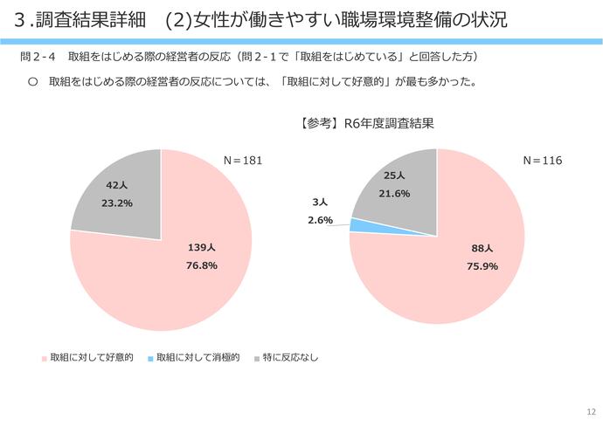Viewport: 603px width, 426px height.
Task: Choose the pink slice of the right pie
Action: (x=454, y=279)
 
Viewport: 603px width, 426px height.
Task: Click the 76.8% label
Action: (x=202, y=265)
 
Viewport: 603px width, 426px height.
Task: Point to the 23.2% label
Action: (x=117, y=203)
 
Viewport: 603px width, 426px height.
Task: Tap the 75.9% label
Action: (x=482, y=265)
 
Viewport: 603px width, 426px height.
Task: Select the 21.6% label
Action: (x=394, y=193)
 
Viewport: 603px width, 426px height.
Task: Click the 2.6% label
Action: (x=320, y=220)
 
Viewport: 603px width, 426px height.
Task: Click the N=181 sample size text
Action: (x=243, y=161)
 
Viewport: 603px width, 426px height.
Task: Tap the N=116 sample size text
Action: (x=542, y=161)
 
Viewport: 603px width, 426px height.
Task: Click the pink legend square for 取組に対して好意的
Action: (x=44, y=359)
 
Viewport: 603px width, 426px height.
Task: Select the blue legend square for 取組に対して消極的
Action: (x=150, y=359)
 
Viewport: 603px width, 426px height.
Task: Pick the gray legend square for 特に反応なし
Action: (x=256, y=359)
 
